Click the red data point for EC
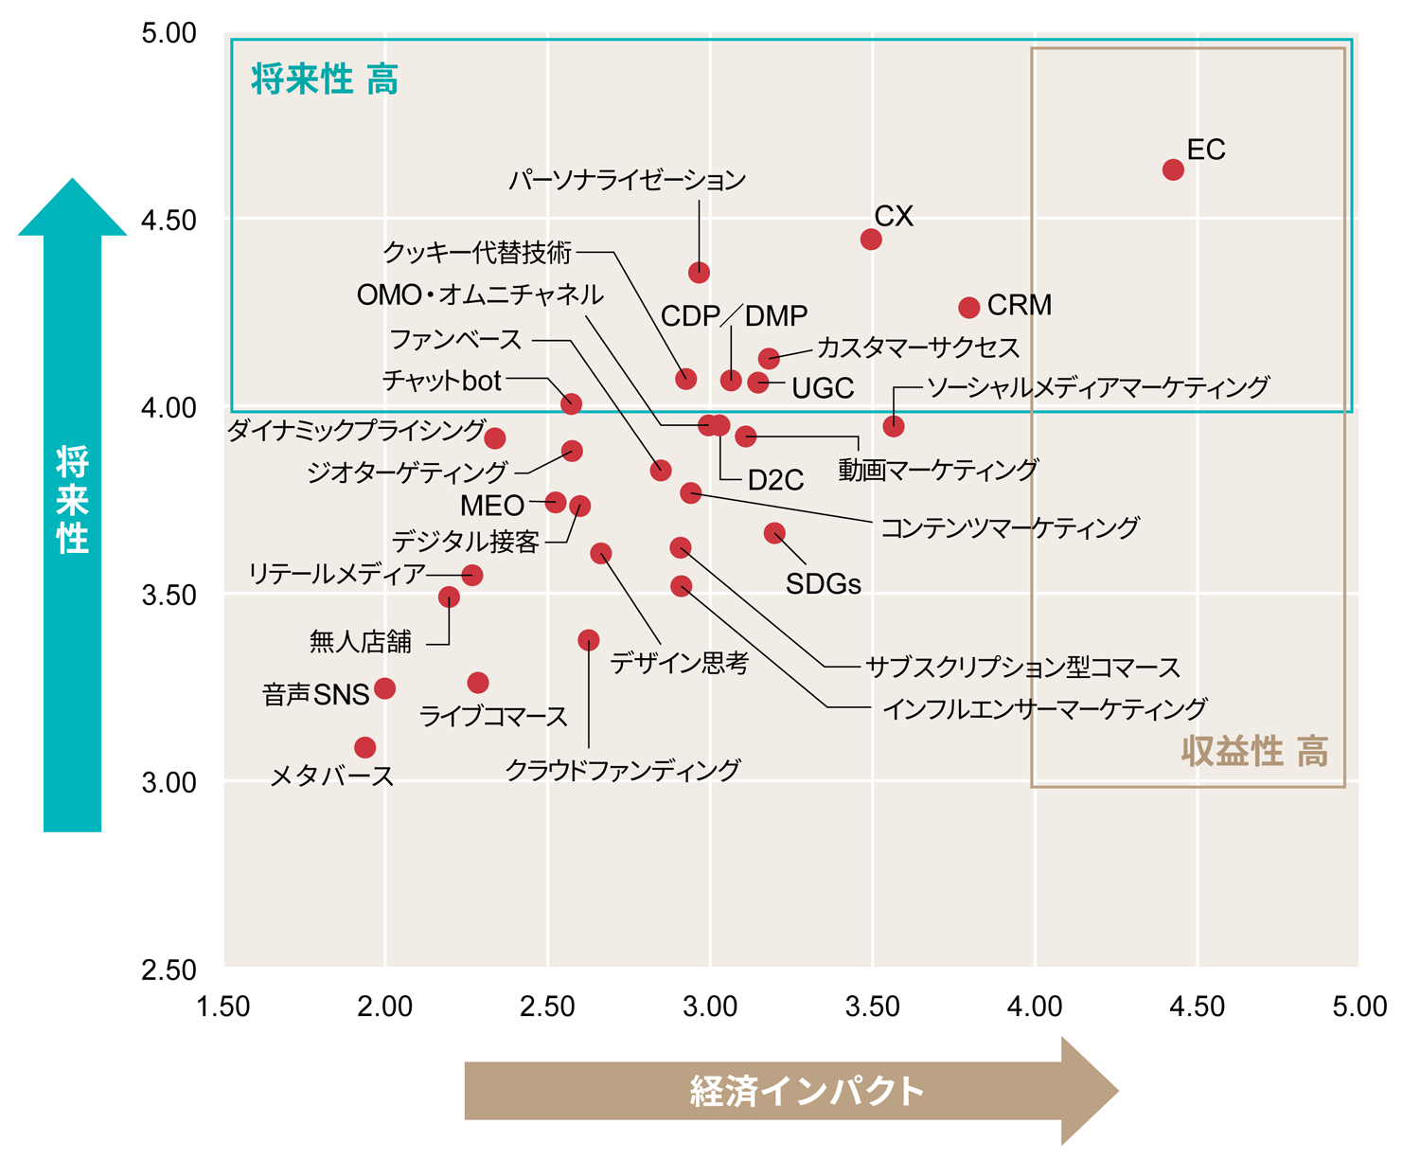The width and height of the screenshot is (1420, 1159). click(x=1173, y=169)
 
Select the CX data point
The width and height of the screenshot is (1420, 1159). click(x=871, y=239)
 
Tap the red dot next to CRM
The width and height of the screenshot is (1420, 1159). click(x=968, y=308)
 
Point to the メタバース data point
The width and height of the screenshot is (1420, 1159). click(x=364, y=747)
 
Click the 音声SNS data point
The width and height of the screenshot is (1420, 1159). click(x=384, y=688)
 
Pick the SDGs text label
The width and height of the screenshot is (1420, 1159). click(x=823, y=584)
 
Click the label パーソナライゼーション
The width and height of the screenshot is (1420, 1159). click(x=627, y=180)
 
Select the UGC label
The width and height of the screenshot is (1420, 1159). click(x=823, y=388)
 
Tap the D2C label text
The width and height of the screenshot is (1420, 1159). click(x=775, y=481)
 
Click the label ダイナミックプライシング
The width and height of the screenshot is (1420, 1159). click(x=356, y=431)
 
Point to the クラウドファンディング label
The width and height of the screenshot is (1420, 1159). click(x=622, y=770)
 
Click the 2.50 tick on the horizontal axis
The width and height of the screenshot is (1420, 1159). click(x=547, y=1007)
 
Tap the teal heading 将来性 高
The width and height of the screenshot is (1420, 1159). click(x=325, y=80)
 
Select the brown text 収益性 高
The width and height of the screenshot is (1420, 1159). click(x=1254, y=751)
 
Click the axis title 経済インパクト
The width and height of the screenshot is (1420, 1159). click(x=807, y=1092)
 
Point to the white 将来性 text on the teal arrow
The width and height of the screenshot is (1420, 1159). click(x=72, y=499)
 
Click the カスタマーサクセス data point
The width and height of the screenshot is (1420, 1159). click(x=769, y=358)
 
